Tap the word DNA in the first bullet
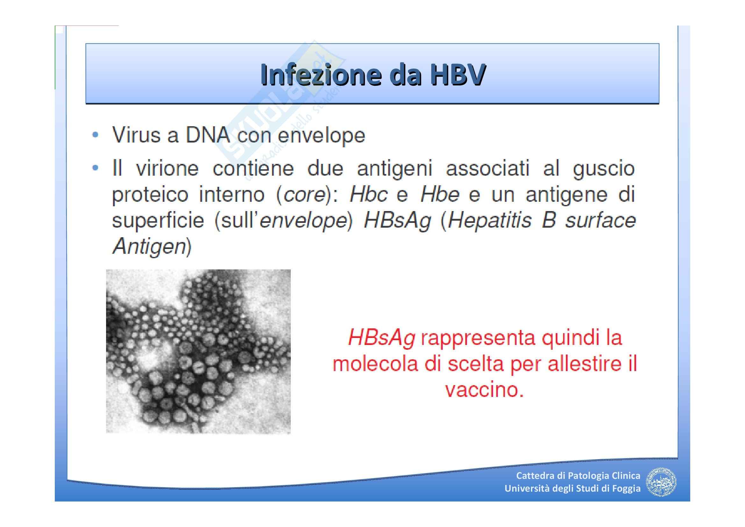pyautogui.click(x=208, y=135)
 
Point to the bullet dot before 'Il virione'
pyautogui.click(x=95, y=168)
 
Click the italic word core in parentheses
pyautogui.click(x=304, y=194)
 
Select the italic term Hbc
pyautogui.click(x=369, y=194)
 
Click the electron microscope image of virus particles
pyautogui.click(x=198, y=351)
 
